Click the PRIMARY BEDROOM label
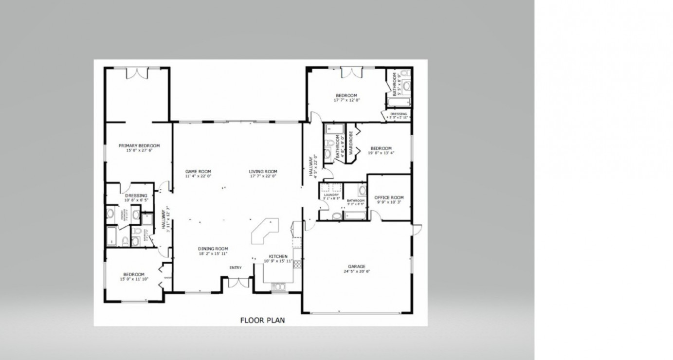point(139,145)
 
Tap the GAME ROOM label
point(198,171)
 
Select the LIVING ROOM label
point(263,171)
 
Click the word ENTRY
point(236,268)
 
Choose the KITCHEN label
point(278,256)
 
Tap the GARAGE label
point(356,266)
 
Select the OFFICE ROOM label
point(389,198)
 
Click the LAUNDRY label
point(331,195)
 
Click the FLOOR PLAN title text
point(262,320)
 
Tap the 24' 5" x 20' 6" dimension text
point(356,271)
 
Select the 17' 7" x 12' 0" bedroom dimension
point(346,100)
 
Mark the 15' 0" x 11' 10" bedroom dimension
point(133,279)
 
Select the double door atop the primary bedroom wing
point(136,73)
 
